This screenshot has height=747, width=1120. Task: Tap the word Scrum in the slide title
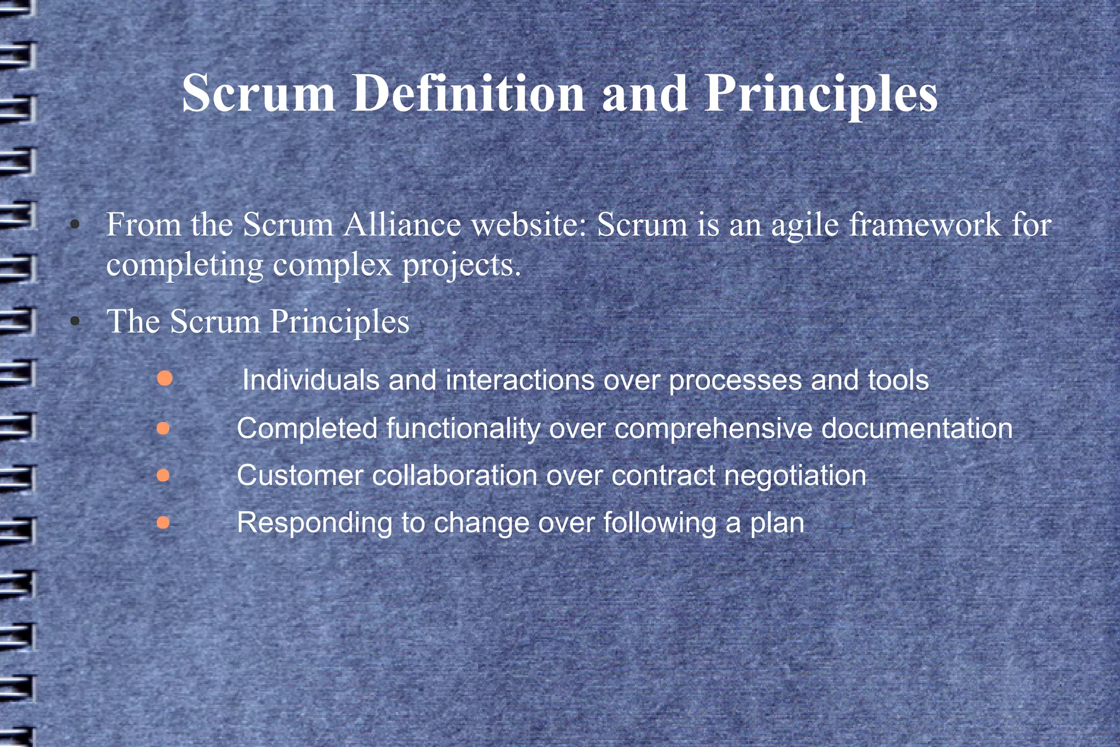point(259,93)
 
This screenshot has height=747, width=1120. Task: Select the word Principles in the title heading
point(821,94)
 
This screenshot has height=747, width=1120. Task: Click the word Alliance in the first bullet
point(402,224)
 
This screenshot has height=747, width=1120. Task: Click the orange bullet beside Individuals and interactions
point(165,378)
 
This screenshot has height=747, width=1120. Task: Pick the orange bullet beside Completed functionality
point(163,428)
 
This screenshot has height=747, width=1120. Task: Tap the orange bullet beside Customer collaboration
point(163,475)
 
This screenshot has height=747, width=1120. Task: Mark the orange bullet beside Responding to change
point(163,523)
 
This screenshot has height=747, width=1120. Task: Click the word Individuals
point(311,380)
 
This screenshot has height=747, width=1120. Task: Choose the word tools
point(898,380)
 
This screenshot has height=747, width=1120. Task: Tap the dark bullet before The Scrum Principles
point(75,322)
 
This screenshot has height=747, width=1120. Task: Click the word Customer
point(300,475)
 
